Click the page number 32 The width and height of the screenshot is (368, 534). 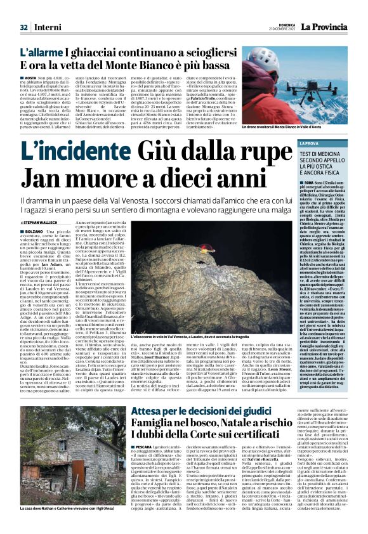(x=23, y=27)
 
